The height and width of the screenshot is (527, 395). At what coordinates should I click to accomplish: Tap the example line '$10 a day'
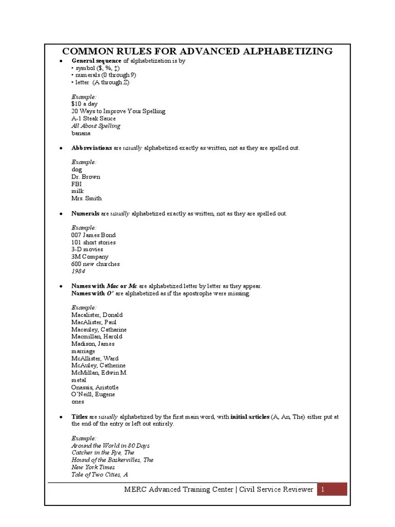tap(84, 104)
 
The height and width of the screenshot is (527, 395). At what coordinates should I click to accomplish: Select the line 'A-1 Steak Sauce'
tap(94, 118)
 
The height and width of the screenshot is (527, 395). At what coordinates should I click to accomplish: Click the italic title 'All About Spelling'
tap(96, 126)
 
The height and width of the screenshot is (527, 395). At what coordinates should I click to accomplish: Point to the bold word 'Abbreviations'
tap(92, 148)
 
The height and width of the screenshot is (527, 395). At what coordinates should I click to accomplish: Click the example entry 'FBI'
tap(77, 184)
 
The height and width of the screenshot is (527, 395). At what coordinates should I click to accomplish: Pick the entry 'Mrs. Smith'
tap(86, 198)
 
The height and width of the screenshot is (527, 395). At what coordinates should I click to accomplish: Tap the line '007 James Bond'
tap(94, 235)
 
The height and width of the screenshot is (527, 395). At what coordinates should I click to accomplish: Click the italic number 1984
tap(78, 271)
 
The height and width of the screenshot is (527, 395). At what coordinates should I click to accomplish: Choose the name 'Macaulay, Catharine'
tap(99, 329)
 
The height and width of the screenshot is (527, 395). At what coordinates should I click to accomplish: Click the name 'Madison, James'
tap(93, 344)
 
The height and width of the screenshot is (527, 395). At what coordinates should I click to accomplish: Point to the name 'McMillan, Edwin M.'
tap(99, 373)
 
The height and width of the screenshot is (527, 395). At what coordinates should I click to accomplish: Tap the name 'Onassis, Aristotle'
tap(95, 387)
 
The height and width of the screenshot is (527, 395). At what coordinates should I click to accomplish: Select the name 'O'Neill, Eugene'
tap(93, 394)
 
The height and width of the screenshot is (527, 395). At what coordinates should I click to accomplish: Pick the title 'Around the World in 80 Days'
tap(111, 445)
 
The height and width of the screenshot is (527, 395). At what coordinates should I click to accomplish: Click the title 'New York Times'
tap(93, 467)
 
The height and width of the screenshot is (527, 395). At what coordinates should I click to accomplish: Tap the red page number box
tap(332, 489)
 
